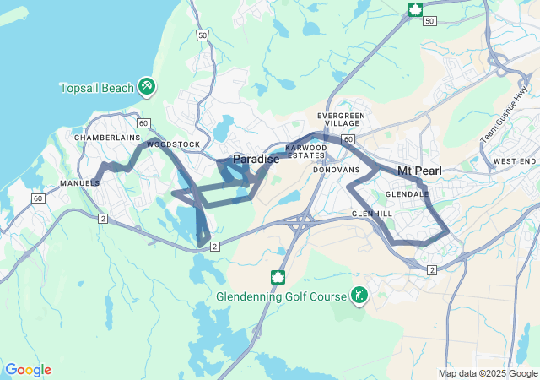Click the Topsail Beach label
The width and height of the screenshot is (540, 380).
(97, 88)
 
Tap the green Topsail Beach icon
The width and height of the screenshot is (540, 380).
(147, 85)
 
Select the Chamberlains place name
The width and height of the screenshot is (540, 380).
(105, 137)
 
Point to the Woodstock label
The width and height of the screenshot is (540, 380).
(173, 144)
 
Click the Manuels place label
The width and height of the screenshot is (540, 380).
(80, 182)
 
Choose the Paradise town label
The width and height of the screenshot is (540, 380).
(256, 159)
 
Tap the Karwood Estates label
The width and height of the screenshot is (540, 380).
(305, 151)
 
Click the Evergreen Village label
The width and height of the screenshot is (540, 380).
(341, 119)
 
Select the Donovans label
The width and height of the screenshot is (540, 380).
(336, 170)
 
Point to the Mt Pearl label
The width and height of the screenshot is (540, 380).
(419, 171)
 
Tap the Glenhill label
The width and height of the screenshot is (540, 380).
(372, 214)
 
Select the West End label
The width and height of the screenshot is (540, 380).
(515, 160)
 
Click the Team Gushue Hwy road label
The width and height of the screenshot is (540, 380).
(496, 123)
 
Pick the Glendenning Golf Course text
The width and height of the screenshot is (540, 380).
(281, 296)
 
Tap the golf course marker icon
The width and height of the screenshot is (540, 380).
(359, 296)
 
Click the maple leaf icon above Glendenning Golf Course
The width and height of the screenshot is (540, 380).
(277, 277)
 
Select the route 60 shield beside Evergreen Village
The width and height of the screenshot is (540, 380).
(349, 138)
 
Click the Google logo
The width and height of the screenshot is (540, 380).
(28, 370)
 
